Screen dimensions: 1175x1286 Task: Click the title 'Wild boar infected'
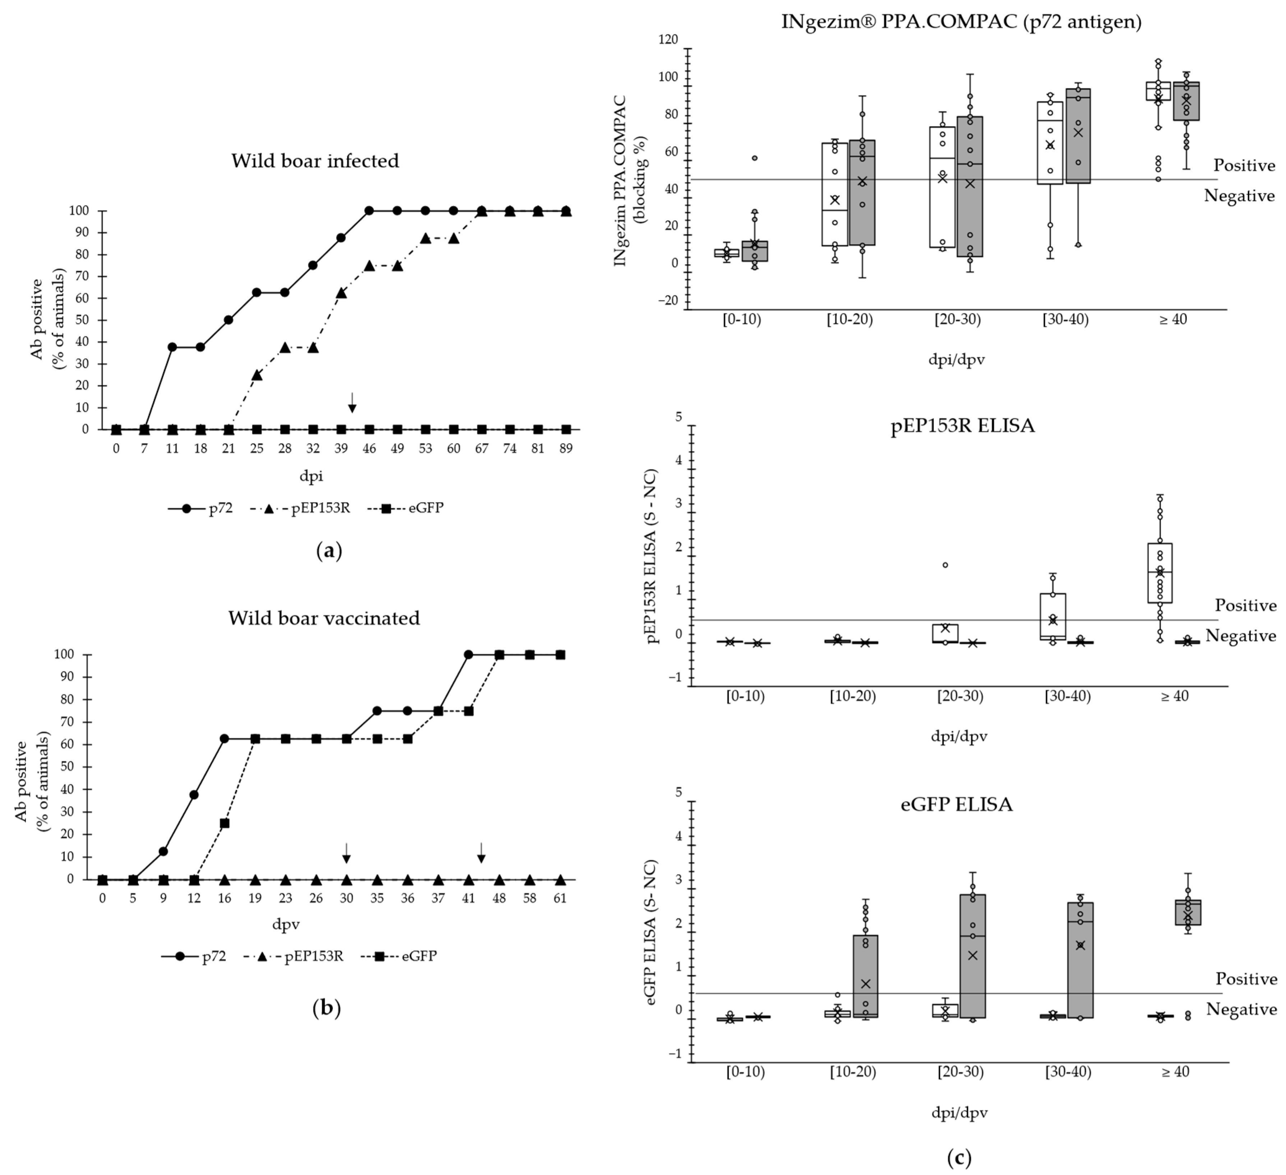tap(315, 160)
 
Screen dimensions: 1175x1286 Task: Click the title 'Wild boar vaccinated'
tap(324, 618)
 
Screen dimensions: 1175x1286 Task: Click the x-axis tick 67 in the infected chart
tap(481, 448)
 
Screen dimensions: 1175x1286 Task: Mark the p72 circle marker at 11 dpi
tap(172, 347)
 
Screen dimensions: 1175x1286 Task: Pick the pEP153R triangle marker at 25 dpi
tap(257, 375)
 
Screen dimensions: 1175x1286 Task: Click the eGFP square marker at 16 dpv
tap(225, 823)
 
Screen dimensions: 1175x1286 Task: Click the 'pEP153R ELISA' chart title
tap(963, 426)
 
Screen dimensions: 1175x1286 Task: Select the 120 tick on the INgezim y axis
tap(669, 40)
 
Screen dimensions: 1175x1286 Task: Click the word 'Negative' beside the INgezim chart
tap(1239, 196)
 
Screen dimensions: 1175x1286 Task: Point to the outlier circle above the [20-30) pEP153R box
tap(945, 565)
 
